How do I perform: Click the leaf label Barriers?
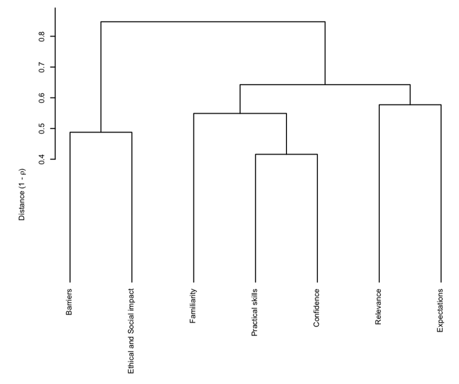(x=70, y=301)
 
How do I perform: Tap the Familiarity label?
(x=193, y=304)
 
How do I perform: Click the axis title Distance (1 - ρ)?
(x=22, y=193)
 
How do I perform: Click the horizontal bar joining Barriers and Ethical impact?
(x=101, y=132)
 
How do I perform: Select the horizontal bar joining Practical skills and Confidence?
(x=286, y=155)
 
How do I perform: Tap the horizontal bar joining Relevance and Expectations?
(x=410, y=105)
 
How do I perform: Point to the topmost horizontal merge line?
(x=212, y=22)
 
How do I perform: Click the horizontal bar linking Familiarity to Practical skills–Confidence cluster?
(x=240, y=113)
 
